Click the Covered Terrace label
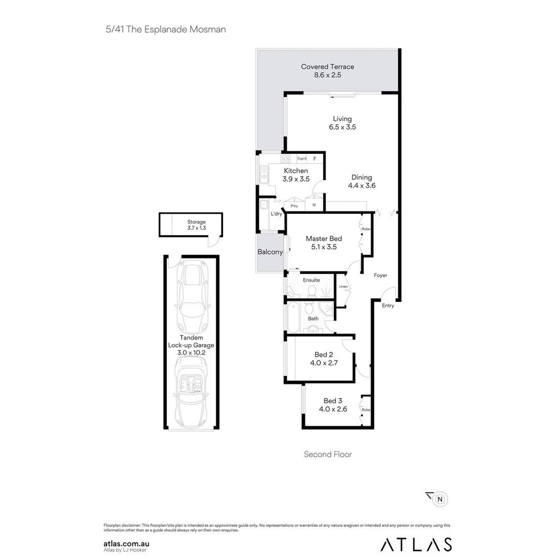point(328,67)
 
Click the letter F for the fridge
point(315,159)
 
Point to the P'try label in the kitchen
point(294,206)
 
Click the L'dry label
point(276,214)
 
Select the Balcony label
point(270,252)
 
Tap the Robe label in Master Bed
point(365,229)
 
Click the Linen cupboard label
point(343,286)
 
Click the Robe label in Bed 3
point(365,409)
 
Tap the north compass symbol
point(440,499)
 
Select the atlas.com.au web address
point(127,543)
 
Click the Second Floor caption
point(328,454)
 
